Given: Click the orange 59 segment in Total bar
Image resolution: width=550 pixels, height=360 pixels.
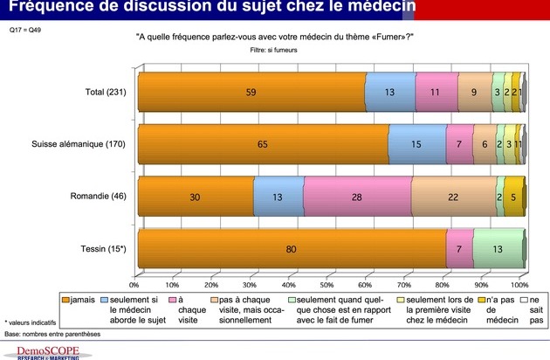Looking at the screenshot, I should coord(251,91).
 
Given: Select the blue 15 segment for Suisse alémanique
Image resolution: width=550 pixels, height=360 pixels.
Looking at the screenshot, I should coord(417,143).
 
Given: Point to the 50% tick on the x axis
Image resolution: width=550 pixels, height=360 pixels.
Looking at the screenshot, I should coord(327,285).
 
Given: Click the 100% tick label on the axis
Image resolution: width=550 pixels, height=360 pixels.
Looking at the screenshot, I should coord(519,285).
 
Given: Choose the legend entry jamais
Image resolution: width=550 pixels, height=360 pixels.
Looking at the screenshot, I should coord(79,300).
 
